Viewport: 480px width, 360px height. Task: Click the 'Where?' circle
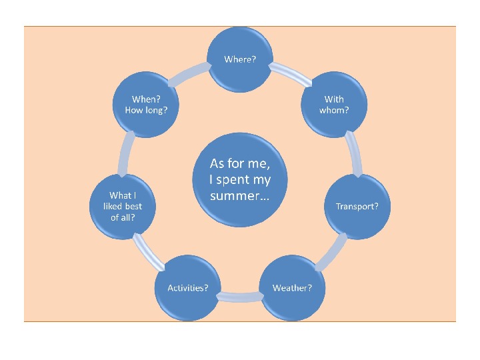tap(240, 60)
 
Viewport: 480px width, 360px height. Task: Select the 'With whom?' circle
tap(334, 105)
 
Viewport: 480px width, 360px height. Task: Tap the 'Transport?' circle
tap(357, 207)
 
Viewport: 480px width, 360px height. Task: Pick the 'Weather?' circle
tap(292, 288)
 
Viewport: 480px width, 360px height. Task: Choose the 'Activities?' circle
tap(188, 288)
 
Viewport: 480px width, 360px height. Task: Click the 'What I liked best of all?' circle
tap(123, 207)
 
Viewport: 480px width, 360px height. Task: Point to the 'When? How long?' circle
tap(146, 105)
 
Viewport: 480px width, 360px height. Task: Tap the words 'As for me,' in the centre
tap(239, 163)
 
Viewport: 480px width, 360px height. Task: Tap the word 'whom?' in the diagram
tap(334, 110)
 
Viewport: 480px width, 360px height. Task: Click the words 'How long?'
tap(146, 110)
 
